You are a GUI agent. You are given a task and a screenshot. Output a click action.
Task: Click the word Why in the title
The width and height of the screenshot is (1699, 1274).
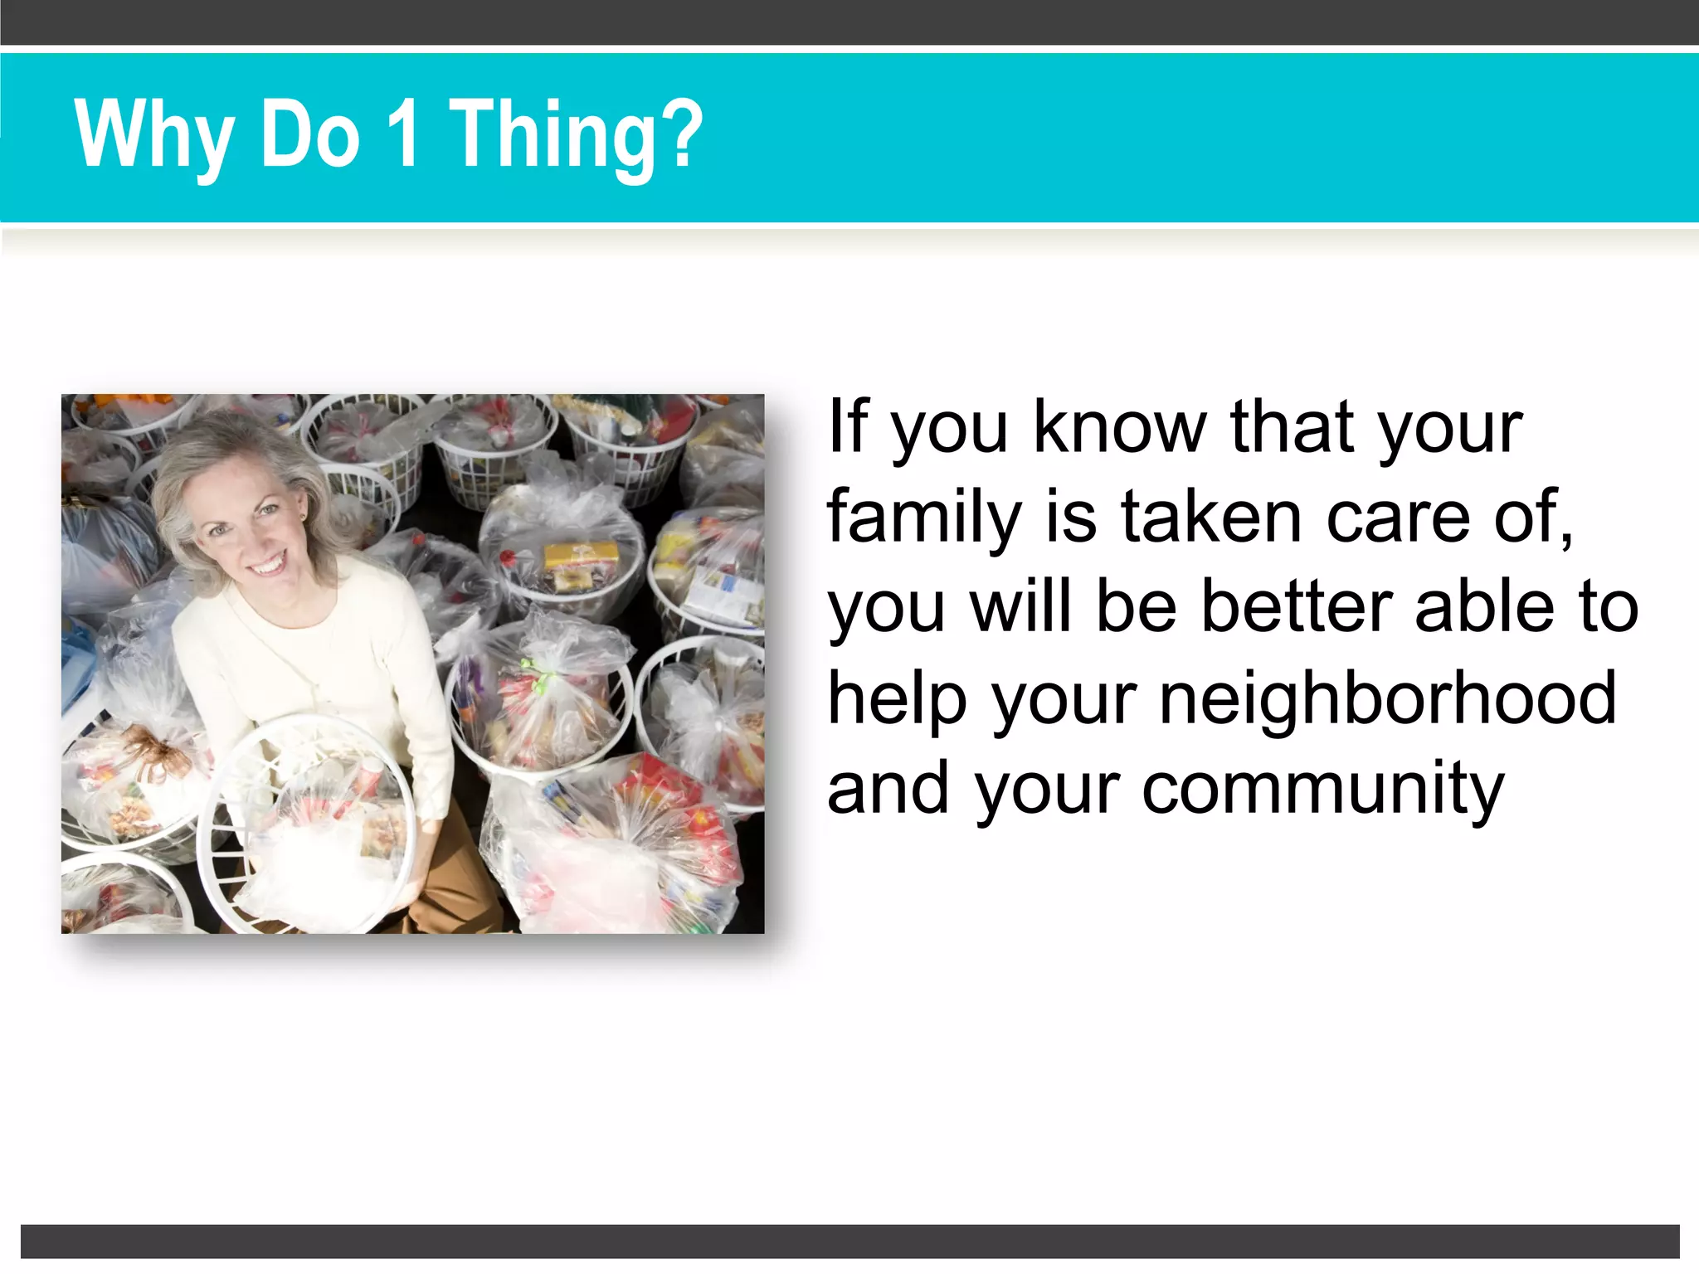tap(153, 134)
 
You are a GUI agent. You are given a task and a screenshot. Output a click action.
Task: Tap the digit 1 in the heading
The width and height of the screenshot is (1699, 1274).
tap(404, 133)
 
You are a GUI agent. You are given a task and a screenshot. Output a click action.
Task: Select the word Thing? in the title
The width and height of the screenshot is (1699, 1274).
tap(576, 134)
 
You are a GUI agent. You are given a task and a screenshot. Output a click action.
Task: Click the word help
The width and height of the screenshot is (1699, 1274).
tap(898, 698)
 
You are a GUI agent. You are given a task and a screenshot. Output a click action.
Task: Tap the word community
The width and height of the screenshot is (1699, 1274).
tap(1322, 790)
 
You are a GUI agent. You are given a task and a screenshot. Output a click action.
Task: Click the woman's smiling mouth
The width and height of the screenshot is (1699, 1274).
tap(267, 566)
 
